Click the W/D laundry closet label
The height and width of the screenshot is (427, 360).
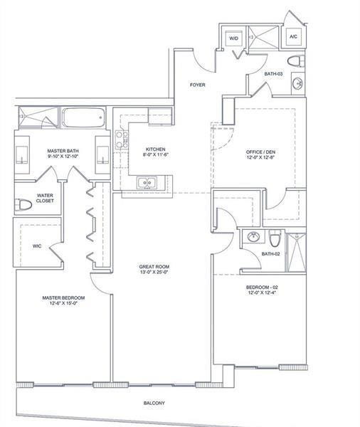[233, 38]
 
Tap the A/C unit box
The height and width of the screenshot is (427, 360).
[293, 37]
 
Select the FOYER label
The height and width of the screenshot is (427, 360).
[197, 85]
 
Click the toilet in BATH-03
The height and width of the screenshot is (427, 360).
[296, 61]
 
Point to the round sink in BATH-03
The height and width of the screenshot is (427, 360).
[297, 83]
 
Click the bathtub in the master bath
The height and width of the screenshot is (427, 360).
[83, 117]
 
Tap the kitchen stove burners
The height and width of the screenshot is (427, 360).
[122, 139]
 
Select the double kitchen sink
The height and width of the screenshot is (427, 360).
[147, 182]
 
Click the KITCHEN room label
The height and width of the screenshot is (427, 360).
[156, 149]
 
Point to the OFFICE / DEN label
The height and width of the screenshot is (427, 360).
[260, 152]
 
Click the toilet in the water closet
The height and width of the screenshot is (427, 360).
[23, 205]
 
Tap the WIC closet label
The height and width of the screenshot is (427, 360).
[37, 246]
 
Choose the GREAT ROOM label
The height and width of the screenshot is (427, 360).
[154, 267]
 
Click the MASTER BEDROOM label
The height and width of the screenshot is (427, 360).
[63, 298]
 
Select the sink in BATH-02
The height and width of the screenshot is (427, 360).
[253, 237]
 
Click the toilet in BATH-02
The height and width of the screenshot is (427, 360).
[275, 238]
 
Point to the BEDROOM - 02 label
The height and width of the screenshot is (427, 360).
[262, 288]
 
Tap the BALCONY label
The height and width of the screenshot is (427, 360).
[154, 403]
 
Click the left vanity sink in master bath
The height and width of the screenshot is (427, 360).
[22, 155]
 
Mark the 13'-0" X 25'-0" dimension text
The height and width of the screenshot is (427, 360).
[154, 272]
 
